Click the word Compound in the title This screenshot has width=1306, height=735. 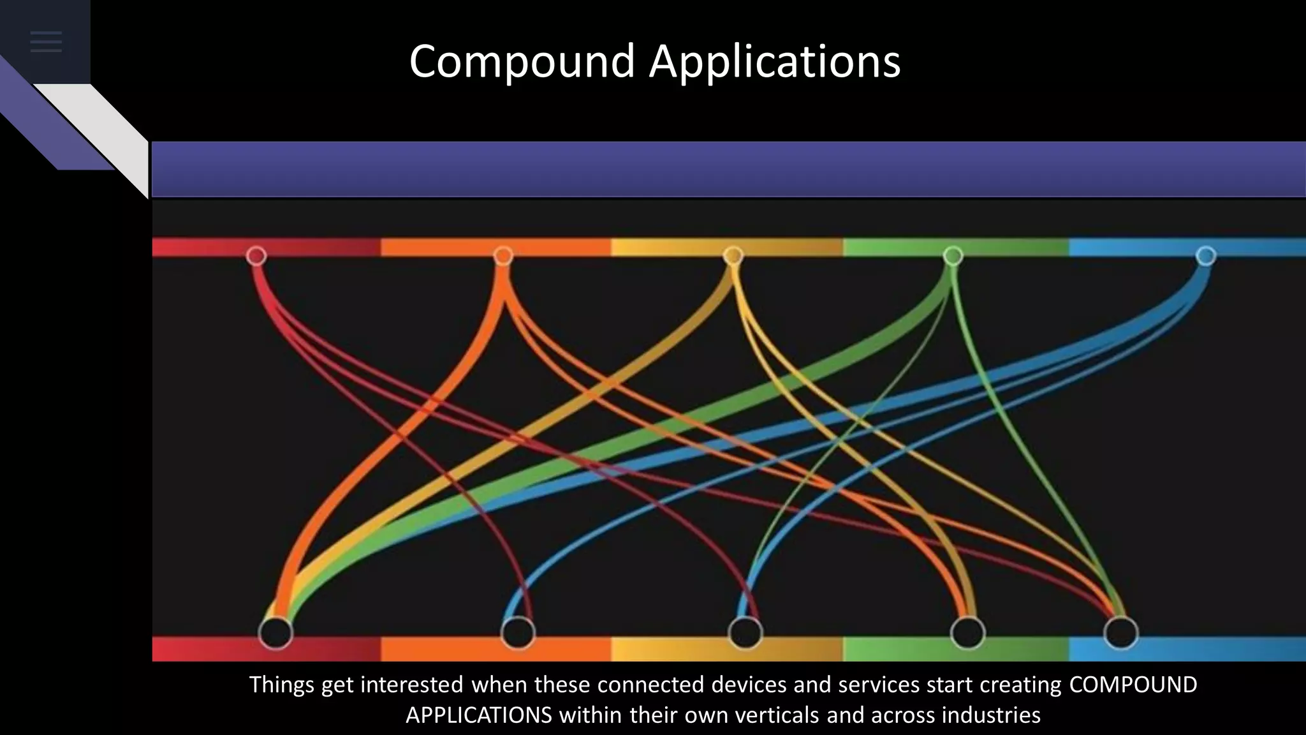click(522, 62)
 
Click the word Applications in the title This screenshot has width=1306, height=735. click(775, 62)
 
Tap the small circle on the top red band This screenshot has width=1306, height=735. click(256, 256)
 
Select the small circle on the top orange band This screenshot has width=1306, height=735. click(503, 256)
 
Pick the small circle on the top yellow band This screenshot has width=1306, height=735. click(733, 256)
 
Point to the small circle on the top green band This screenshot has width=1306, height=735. click(953, 256)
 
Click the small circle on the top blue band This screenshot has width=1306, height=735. click(1206, 256)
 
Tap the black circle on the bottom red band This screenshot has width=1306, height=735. click(275, 633)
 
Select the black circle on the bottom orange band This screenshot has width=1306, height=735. click(518, 633)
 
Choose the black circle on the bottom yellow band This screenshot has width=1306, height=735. click(745, 633)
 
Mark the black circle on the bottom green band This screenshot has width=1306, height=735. click(967, 633)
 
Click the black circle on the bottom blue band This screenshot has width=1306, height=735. click(1121, 633)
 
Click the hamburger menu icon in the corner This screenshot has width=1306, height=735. click(46, 42)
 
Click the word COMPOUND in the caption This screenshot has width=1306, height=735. click(1133, 685)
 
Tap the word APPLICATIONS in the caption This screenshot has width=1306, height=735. click(478, 715)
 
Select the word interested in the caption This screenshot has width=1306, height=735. click(412, 685)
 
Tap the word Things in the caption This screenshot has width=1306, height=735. click(281, 685)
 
